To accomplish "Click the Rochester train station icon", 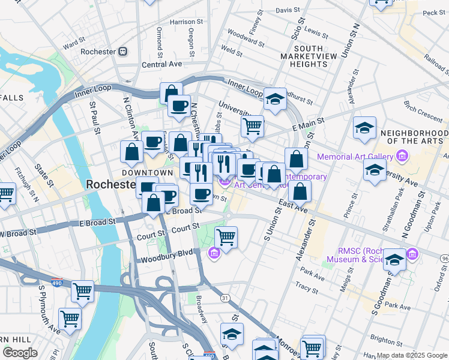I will tap(123, 52).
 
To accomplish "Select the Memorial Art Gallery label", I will tap(359, 157).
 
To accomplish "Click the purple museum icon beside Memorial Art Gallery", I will tap(402, 157).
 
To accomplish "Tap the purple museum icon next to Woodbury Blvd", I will tap(214, 254).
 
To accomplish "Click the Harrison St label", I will tap(183, 22).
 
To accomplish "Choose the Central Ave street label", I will tap(161, 64).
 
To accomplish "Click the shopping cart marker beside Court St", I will tap(226, 236).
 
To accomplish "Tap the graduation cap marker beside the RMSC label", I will tap(394, 259).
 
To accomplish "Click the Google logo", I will tap(20, 353).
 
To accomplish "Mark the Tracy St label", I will tap(307, 289).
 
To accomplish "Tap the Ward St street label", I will tap(70, 44).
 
